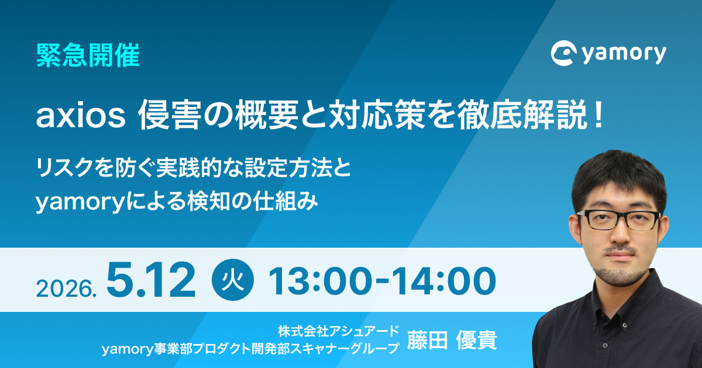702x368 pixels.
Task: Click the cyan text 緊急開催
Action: pos(88,55)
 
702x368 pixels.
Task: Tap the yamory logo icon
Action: pos(563,53)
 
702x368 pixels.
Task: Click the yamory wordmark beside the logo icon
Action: pos(624,54)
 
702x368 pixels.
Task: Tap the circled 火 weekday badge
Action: pos(233,280)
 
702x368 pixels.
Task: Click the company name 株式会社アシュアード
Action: pos(339,331)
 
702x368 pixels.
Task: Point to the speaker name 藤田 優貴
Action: pos(452,341)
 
